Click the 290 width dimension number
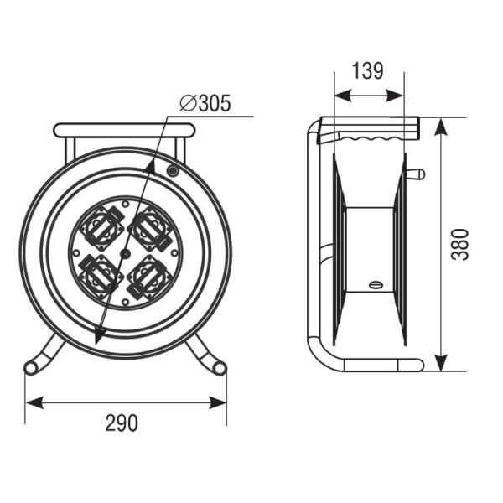122,423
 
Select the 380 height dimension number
460,245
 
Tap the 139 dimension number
368,71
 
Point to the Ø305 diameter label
205,103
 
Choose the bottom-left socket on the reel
101,277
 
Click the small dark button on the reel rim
173,171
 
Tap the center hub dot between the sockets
125,254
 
